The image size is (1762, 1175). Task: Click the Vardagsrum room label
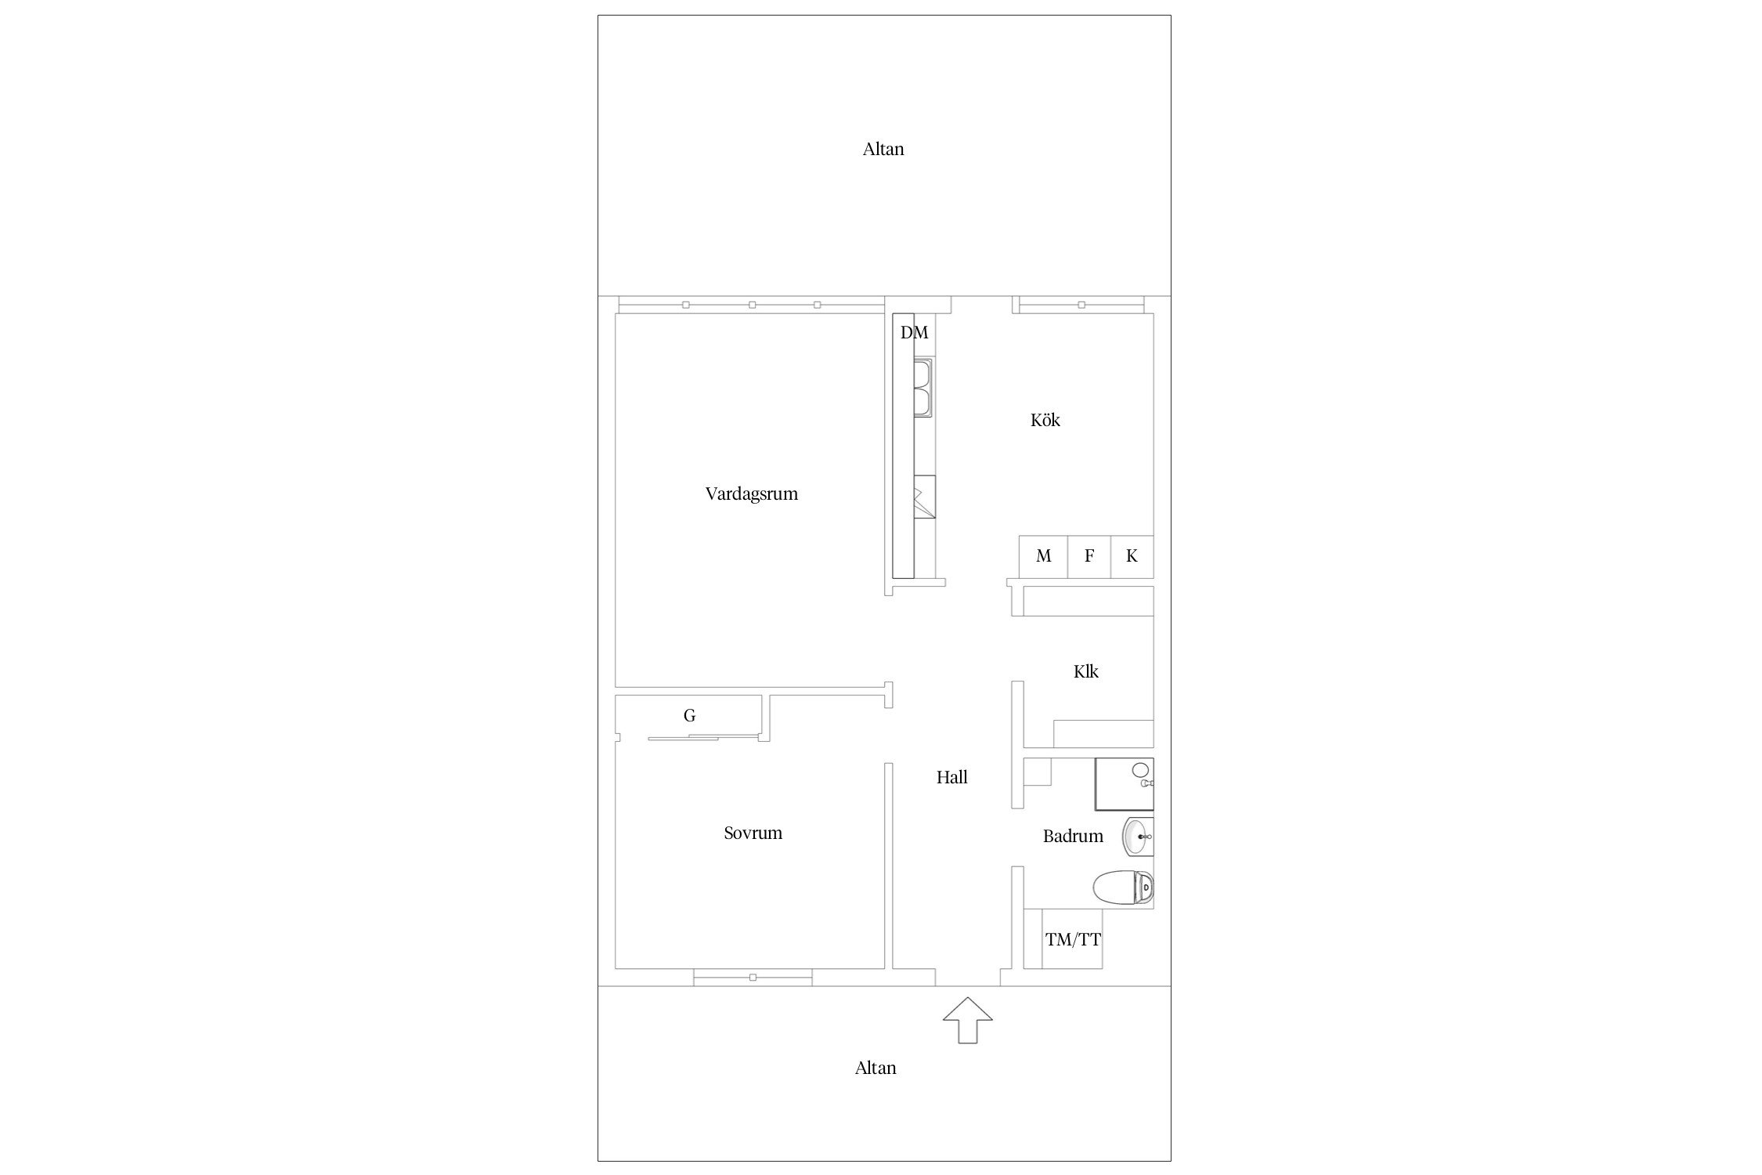coord(752,494)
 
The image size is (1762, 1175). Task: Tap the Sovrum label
coord(753,833)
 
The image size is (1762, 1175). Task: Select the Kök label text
coord(1045,420)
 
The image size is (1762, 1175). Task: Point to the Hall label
coord(952,777)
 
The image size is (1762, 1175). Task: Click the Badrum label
coord(1073,836)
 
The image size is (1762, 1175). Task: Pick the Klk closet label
coord(1085,671)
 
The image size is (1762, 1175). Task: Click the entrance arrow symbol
coord(968,1020)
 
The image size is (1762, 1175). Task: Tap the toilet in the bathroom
coord(1124,888)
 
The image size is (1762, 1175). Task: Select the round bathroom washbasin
coord(1138,837)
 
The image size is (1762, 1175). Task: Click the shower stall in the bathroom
coord(1124,783)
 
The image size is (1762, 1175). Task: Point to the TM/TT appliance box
coord(1072,939)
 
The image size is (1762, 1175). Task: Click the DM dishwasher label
coord(914,333)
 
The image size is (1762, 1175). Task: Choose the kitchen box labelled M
coord(1043,556)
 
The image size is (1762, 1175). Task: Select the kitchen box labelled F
coord(1089,556)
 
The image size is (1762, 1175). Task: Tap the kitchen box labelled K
coord(1132,556)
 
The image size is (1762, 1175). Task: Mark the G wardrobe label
coord(689,715)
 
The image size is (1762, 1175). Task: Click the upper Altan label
coord(883,149)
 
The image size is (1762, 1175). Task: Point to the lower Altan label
coord(876,1068)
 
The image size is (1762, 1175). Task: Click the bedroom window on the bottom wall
coord(753,977)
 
